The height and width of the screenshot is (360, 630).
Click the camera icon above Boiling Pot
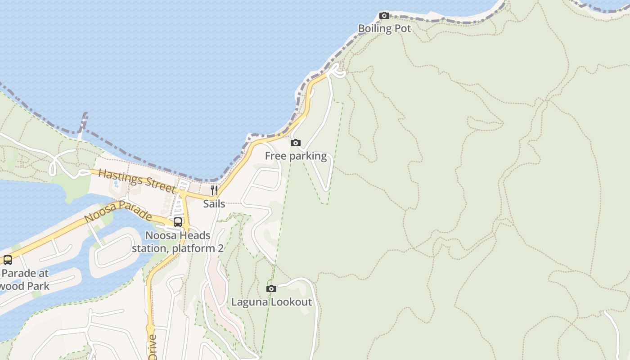pos(384,16)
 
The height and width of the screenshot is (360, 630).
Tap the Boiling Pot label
pos(384,28)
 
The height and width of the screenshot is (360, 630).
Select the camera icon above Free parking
pos(296,143)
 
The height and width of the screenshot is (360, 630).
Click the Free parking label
pos(296,156)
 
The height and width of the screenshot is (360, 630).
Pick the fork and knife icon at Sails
pos(214,190)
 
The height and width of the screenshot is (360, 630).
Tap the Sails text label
pos(214,203)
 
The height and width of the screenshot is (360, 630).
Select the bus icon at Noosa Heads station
pos(178,222)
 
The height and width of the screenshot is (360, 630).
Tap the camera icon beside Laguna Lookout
pos(271,288)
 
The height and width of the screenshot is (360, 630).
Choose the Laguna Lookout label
pos(271,301)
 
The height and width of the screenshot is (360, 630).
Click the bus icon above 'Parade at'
pos(8,260)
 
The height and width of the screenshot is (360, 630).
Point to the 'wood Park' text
pos(26,286)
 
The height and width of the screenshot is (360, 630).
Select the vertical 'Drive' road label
pos(152,346)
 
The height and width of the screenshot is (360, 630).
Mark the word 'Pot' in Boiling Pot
pos(402,28)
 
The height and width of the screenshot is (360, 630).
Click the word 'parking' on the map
pos(308,156)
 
